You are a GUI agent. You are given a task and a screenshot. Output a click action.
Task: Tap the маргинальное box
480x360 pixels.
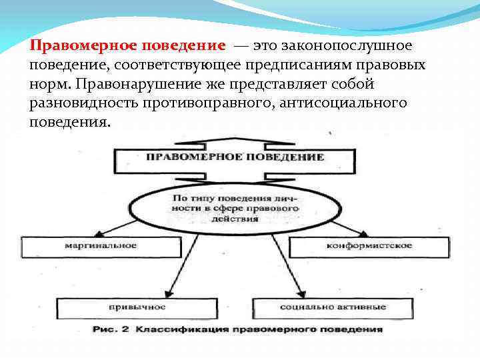tap(100, 246)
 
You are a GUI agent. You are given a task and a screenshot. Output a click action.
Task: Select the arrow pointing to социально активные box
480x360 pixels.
tap(287, 267)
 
